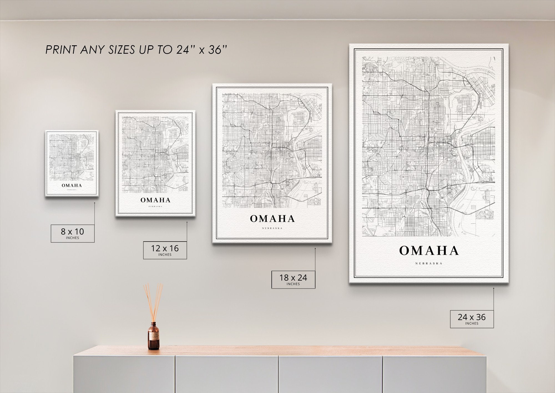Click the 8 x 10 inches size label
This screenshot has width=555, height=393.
coord(72,233)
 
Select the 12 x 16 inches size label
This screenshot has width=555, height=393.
coord(165,250)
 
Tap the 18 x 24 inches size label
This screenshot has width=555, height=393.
coord(293,279)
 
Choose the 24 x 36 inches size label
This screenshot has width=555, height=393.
coord(472,319)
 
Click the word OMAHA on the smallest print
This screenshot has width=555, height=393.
coord(72,185)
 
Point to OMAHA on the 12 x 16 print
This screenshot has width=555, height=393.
coord(155,200)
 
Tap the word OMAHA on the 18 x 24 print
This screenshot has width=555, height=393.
coord(272,219)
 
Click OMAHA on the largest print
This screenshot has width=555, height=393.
coord(429,251)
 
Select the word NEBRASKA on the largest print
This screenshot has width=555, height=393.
coord(429,263)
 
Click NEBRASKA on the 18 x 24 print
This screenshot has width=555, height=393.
coord(272,228)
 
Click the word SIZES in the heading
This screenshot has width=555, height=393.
coord(122,50)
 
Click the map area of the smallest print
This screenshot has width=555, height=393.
coord(72,157)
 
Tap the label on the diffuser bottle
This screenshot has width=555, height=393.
coord(153,338)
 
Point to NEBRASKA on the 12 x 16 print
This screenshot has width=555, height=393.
coord(155,207)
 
